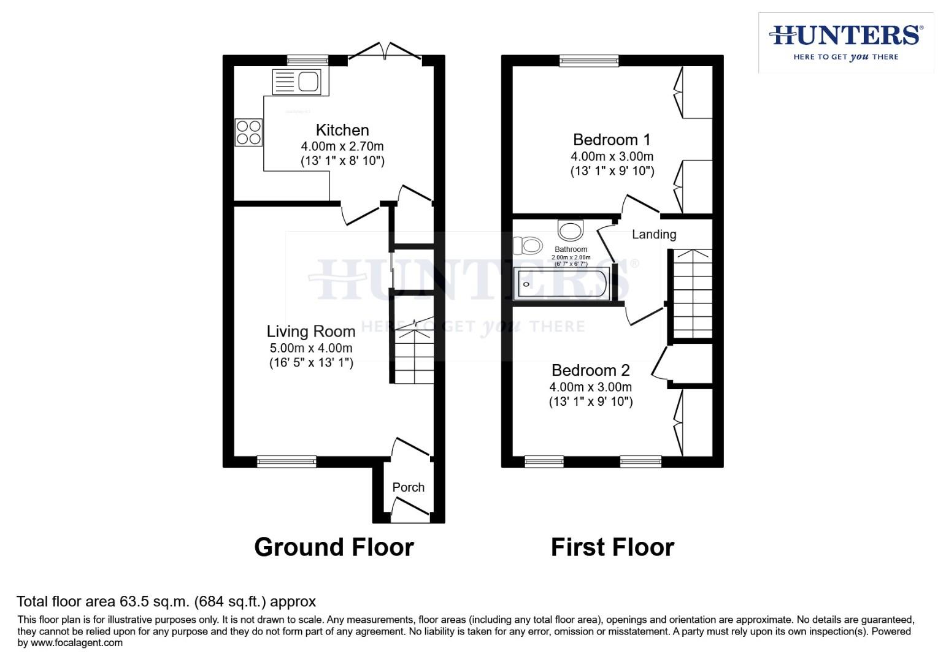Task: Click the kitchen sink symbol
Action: coord(296,82)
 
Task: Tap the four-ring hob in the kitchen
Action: coord(248,132)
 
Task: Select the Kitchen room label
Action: coord(342,130)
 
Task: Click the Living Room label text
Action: coord(311,332)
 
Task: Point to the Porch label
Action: coord(408,487)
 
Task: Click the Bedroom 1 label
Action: coord(612,140)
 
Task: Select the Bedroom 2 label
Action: coord(590,370)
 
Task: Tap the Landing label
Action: coord(654,234)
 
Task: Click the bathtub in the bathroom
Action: coord(562,284)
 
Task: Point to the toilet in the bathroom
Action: coord(528,246)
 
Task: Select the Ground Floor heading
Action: coord(334,547)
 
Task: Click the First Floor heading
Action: coord(612,547)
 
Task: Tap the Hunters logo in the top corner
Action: coord(846,42)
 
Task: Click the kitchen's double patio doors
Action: coord(385,52)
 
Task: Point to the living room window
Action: coord(286,461)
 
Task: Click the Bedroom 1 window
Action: coord(589,60)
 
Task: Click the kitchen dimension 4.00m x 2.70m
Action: coord(342,146)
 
